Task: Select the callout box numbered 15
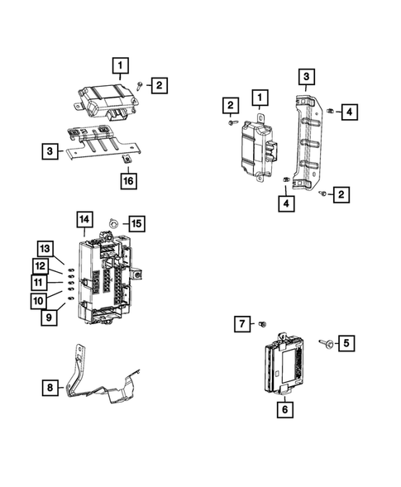tap(136, 223)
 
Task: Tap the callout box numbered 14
tap(84, 219)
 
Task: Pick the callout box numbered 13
tap(45, 249)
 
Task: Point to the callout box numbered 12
tap(40, 265)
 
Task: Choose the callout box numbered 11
tap(39, 282)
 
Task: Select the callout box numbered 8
tap(50, 386)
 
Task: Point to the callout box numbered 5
tap(346, 341)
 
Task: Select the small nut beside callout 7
tap(262, 323)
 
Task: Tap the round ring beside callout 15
tap(116, 223)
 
